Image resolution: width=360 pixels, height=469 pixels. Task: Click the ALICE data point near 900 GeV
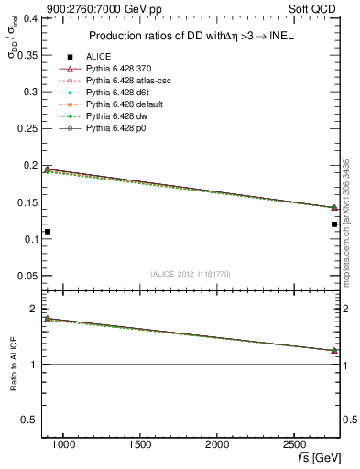[48, 232]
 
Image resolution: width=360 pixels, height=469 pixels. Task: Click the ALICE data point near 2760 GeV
[334, 224]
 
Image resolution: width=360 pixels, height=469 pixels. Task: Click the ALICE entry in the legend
[98, 57]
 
